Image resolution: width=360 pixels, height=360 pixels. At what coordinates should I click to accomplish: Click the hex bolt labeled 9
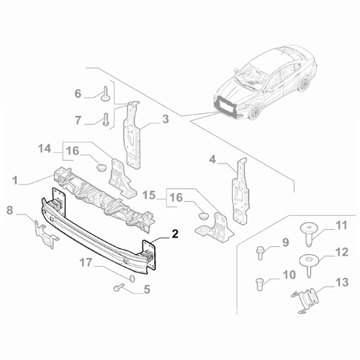(259, 252)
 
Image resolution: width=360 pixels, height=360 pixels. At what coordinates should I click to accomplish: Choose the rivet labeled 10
(260, 282)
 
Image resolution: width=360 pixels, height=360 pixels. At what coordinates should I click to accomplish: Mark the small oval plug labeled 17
(130, 277)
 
